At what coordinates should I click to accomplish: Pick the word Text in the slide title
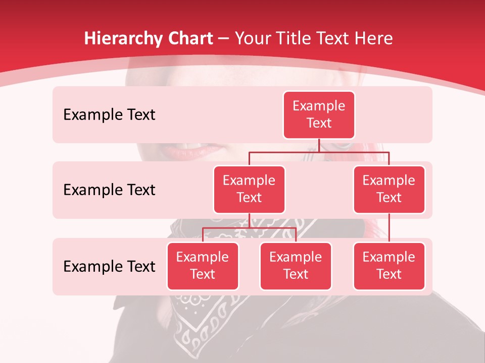pos(337,38)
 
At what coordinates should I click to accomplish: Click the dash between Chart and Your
pos(224,39)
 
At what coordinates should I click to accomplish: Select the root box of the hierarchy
pos(319,114)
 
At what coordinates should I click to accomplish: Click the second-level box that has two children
pos(249,189)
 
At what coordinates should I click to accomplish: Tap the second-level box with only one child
pos(389,189)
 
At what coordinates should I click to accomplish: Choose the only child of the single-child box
pos(389,266)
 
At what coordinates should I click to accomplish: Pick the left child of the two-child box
pos(203,266)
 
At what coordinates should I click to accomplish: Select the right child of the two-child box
pos(296,266)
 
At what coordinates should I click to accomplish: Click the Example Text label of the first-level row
pos(109,114)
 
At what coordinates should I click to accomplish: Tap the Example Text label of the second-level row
pos(109,190)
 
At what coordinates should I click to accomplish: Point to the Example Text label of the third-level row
pos(109,266)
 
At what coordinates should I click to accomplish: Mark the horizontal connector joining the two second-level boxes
pos(319,152)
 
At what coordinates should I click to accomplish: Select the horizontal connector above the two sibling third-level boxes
pos(249,228)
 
